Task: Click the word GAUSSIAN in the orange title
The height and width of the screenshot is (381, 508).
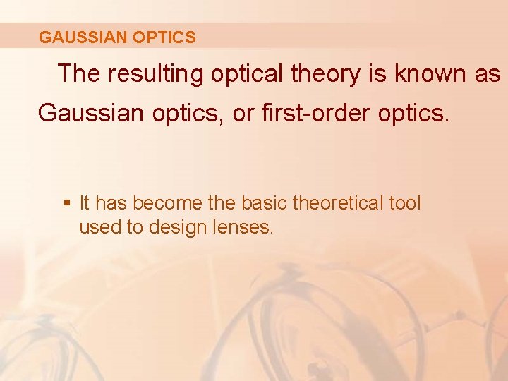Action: click(77, 37)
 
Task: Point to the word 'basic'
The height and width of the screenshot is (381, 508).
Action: click(265, 204)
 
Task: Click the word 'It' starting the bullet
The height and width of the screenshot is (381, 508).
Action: click(85, 204)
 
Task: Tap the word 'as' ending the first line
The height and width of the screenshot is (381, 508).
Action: click(488, 74)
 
